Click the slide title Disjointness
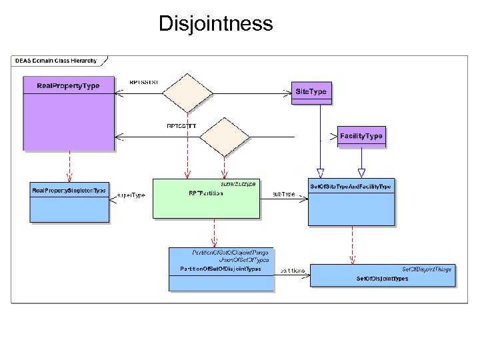(215, 24)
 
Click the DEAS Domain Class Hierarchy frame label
(56, 61)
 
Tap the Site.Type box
(311, 91)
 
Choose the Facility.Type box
(361, 136)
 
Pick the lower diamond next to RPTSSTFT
(224, 137)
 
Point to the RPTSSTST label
(143, 83)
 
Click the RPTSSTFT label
(181, 125)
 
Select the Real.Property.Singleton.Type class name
(69, 191)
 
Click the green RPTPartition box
(205, 199)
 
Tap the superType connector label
(131, 195)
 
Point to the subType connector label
(283, 194)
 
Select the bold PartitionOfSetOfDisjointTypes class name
(221, 269)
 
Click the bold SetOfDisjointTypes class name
(383, 278)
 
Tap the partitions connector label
(293, 270)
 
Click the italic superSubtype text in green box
(238, 183)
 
